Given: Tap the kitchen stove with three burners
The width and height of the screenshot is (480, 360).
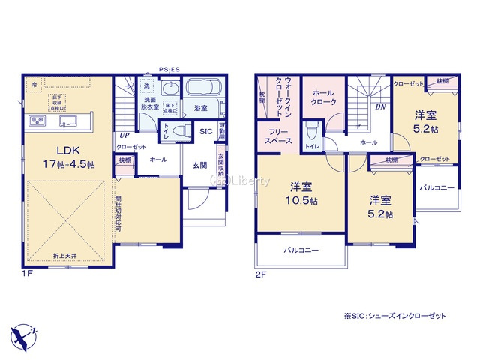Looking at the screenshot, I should (37, 121).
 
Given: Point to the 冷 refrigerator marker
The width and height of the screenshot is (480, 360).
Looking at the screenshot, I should (34, 85).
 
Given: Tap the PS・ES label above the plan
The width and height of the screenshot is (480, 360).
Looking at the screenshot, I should (169, 69).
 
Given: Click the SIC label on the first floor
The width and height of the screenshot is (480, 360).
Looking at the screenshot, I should (206, 130).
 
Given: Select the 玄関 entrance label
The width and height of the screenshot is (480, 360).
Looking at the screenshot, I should (199, 165).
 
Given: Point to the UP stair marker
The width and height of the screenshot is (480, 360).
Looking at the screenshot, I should (121, 135).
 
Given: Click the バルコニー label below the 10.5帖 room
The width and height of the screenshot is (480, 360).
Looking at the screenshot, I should (301, 250).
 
